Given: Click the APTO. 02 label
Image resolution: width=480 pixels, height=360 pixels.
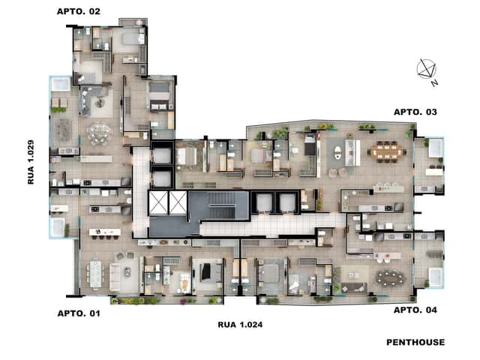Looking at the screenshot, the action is [x=79, y=12].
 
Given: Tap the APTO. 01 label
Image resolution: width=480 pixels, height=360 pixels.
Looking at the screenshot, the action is [x=79, y=313].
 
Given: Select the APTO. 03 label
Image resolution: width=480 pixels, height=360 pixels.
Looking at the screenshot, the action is [x=415, y=112].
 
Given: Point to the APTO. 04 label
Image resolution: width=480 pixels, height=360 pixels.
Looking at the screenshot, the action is [x=415, y=310].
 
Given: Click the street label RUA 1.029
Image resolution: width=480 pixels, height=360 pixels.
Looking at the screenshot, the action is [x=31, y=162].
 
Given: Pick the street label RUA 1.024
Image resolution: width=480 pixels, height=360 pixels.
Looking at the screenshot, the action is [x=240, y=325].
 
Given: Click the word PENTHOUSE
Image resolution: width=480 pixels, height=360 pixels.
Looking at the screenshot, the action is [x=415, y=342].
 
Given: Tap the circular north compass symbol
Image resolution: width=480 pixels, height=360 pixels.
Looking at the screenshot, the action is [x=426, y=68].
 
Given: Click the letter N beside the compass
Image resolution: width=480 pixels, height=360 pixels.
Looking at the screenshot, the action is [x=435, y=83].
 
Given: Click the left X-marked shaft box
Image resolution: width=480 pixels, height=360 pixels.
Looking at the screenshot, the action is [x=158, y=202].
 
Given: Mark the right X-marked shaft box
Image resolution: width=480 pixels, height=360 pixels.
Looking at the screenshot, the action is [x=178, y=202].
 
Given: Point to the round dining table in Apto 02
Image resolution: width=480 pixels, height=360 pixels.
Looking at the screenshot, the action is [x=99, y=133].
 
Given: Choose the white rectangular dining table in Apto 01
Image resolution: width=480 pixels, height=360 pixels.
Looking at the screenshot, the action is [x=95, y=274].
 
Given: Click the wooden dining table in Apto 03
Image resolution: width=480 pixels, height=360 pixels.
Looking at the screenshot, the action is [x=387, y=151].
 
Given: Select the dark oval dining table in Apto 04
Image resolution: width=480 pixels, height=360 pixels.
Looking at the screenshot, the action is [x=390, y=278].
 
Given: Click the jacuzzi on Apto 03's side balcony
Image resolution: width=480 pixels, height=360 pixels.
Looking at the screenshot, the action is [x=435, y=148].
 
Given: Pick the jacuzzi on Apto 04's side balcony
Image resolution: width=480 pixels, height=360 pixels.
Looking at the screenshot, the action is [x=435, y=277].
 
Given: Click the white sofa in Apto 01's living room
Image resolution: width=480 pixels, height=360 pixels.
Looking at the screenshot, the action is [x=115, y=277].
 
